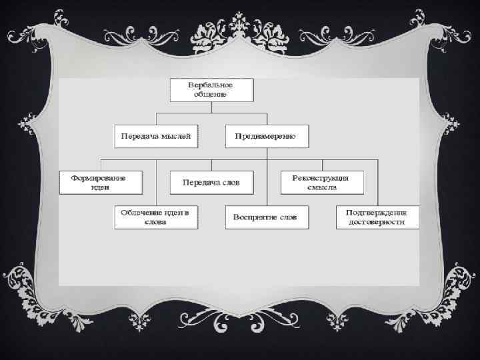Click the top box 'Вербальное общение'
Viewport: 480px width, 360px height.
click(211, 89)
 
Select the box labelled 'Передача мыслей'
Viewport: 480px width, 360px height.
click(156, 136)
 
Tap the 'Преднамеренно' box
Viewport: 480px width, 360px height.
click(267, 136)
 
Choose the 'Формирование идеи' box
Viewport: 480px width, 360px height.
click(102, 182)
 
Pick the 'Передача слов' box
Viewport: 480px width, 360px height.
click(211, 181)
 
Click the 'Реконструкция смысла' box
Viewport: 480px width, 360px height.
click(322, 182)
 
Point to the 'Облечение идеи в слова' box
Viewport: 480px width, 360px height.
click(156, 217)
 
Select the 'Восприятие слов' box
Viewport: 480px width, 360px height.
click(267, 217)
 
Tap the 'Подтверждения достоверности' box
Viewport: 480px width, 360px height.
click(377, 217)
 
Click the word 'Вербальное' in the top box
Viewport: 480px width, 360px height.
click(211, 85)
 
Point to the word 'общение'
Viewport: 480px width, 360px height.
click(211, 94)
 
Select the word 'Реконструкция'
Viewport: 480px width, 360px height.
click(322, 177)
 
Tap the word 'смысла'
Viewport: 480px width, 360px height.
click(322, 187)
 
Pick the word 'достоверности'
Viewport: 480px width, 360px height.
click(377, 223)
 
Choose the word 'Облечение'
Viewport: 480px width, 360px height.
click(142, 213)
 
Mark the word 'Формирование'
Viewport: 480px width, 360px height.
click(102, 177)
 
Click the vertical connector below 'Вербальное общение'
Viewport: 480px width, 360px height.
click(211, 107)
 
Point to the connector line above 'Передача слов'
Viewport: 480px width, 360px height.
click(211, 165)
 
